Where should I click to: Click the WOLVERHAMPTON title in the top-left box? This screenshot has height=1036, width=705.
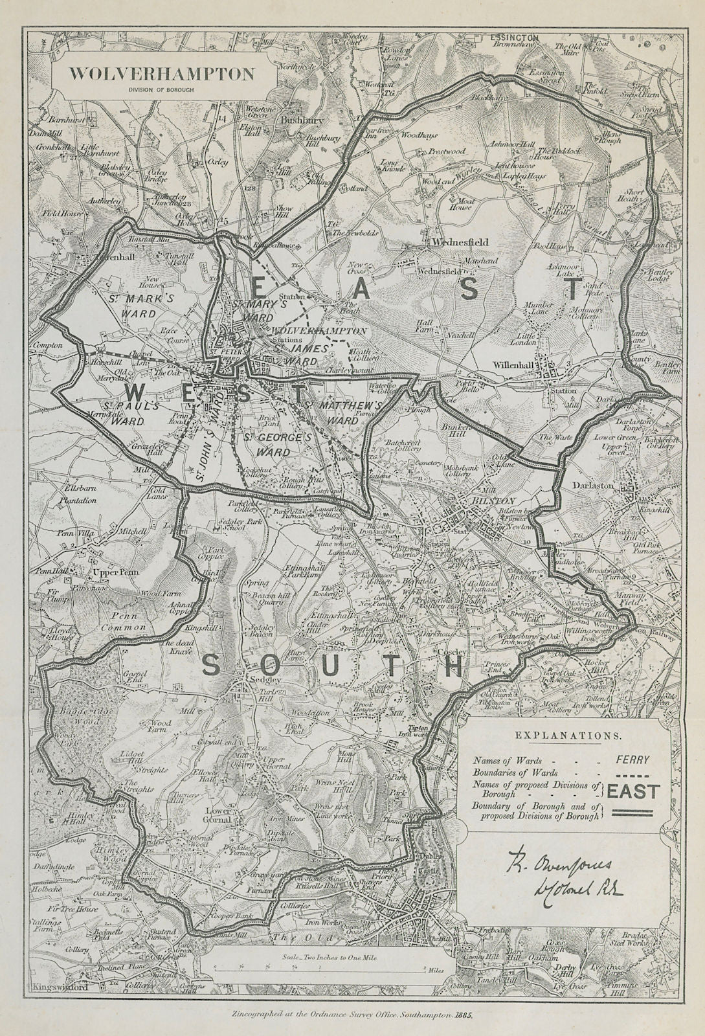click(161, 74)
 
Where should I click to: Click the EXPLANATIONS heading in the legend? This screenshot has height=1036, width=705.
click(566, 736)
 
